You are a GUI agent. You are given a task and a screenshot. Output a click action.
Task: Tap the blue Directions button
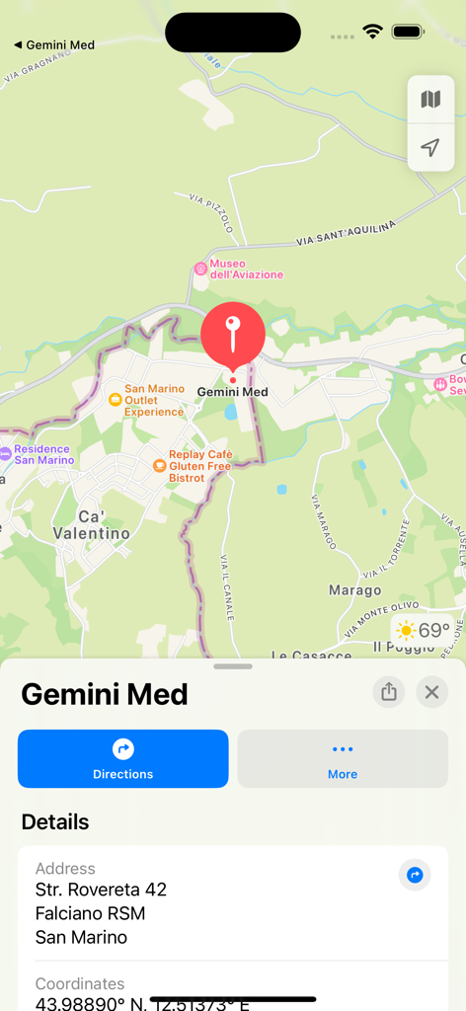(x=123, y=758)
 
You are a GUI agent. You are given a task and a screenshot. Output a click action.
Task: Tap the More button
(x=343, y=758)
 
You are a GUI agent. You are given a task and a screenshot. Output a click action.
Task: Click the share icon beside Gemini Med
(x=389, y=691)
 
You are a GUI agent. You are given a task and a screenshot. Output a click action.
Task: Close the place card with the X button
(x=431, y=691)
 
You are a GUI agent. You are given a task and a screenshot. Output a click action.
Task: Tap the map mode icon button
(x=430, y=100)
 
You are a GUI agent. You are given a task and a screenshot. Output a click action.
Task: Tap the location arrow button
(x=430, y=148)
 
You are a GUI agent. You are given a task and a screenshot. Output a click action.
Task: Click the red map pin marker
(x=233, y=333)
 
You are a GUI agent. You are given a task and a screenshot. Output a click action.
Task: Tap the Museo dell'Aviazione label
(x=246, y=269)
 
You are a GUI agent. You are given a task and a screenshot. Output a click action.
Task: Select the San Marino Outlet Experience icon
(x=116, y=399)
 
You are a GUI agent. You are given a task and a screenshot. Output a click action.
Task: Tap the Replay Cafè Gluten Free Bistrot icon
(x=159, y=465)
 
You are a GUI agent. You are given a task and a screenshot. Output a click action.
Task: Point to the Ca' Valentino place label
(x=104, y=525)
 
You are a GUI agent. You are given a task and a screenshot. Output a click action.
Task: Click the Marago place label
(x=354, y=590)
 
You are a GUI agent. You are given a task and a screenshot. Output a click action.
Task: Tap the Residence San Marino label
(x=43, y=454)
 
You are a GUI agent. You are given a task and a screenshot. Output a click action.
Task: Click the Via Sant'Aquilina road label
(x=346, y=233)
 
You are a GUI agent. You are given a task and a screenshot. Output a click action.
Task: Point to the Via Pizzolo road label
(x=211, y=213)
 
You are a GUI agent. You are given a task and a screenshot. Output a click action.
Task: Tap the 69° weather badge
(x=423, y=630)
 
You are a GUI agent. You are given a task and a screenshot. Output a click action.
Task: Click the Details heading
(x=55, y=821)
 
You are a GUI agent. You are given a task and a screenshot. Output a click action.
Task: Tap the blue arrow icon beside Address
(x=415, y=875)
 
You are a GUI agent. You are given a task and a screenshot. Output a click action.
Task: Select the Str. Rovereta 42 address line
(x=101, y=890)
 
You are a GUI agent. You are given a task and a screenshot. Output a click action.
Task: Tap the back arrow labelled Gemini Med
(x=54, y=44)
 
